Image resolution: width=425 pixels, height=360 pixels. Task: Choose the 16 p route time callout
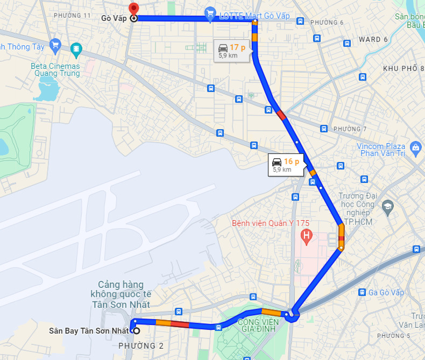(x=286, y=164)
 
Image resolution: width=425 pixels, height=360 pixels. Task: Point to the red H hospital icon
(x=307, y=235)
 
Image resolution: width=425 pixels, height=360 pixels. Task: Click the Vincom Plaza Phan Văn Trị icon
(x=415, y=147)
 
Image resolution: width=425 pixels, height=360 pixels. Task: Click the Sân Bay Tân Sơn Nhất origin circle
(x=136, y=330)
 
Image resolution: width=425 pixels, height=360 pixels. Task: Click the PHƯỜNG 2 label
(x=141, y=345)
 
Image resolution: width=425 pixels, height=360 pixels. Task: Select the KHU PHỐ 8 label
(x=400, y=68)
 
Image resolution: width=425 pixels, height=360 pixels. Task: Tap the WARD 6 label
(x=373, y=39)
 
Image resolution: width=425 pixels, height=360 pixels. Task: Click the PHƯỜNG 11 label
(x=72, y=15)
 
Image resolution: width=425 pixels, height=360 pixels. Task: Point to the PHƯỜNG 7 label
(x=350, y=129)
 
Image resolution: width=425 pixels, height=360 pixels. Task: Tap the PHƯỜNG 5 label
(x=393, y=336)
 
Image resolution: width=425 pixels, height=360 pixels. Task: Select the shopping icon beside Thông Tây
(x=54, y=45)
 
